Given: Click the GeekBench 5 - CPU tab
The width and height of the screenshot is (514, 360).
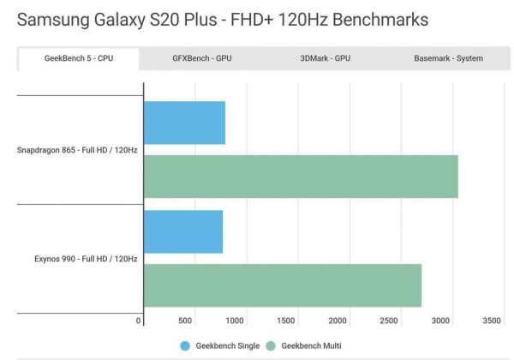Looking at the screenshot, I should point(78,58).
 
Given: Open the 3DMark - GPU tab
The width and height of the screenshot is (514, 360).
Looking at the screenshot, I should point(325,58).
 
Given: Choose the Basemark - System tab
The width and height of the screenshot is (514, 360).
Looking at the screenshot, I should point(448,58).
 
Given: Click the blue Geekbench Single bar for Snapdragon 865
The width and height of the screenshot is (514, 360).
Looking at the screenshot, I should point(185,123).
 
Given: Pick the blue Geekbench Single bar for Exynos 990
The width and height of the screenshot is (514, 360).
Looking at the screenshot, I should point(183,231).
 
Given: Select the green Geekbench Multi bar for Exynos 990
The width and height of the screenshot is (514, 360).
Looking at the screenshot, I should point(283,285).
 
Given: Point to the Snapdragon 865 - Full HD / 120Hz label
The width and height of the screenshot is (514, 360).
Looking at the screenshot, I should point(77,150).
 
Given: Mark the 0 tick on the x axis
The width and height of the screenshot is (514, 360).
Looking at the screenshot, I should point(139,321).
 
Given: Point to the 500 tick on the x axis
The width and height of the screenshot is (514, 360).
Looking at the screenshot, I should point(185,321).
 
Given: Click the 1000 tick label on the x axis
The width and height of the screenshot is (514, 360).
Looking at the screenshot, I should point(236,321).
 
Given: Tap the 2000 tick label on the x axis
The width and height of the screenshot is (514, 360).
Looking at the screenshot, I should point(338,321).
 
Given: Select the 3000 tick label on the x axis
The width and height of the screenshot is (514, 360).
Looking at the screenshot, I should point(440,321).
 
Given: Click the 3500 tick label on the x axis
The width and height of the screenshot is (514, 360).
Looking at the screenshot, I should point(491,321).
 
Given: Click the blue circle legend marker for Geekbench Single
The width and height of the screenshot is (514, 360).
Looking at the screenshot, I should point(185,345).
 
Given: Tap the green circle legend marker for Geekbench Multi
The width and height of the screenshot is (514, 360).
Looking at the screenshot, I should point(272,345).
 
